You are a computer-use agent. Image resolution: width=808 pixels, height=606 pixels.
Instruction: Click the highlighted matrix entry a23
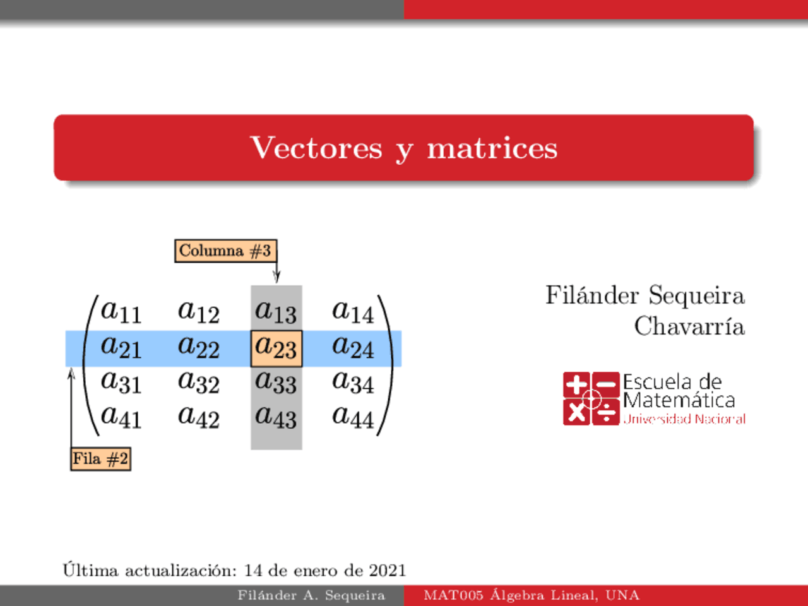click(x=276, y=348)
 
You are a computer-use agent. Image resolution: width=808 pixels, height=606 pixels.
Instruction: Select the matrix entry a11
click(x=121, y=312)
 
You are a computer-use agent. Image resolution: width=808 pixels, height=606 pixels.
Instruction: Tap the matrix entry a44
click(x=353, y=417)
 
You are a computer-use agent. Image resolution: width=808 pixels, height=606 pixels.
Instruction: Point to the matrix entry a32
click(x=198, y=382)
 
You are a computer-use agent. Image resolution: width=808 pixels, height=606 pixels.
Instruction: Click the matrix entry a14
click(x=353, y=312)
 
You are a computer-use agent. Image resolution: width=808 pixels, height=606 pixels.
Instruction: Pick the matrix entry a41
click(x=121, y=417)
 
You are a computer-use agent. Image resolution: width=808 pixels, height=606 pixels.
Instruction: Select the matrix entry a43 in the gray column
click(x=276, y=417)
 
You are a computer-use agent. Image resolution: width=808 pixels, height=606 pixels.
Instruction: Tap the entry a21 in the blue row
click(x=121, y=347)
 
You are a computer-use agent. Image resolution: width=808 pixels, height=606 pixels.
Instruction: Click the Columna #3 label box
click(x=225, y=251)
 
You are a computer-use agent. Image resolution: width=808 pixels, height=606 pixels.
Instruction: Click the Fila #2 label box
click(x=100, y=459)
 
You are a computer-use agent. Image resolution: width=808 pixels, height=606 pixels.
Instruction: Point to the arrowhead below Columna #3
click(x=276, y=277)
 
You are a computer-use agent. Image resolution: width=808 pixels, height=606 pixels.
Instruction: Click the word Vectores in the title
click(x=316, y=148)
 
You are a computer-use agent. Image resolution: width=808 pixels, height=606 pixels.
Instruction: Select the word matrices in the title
click(x=492, y=148)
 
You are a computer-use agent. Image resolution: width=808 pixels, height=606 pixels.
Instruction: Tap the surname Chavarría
click(x=689, y=326)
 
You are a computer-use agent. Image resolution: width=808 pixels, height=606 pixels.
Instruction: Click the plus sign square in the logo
click(x=576, y=384)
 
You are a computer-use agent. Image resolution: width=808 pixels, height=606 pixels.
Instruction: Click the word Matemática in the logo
click(x=679, y=400)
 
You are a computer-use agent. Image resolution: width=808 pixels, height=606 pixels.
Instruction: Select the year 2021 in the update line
click(x=387, y=571)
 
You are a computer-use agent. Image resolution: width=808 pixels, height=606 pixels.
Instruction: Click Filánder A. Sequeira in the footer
click(x=311, y=595)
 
